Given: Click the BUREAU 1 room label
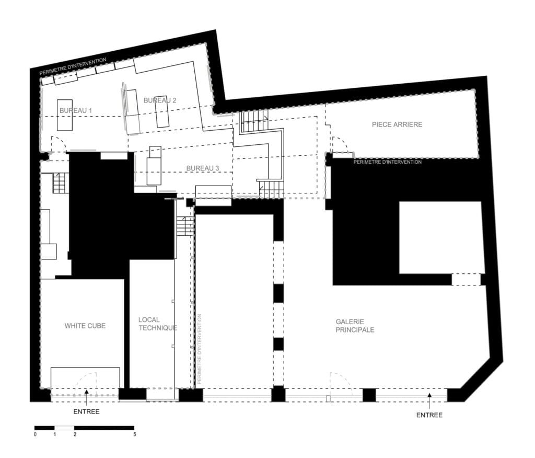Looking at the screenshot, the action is [75, 111].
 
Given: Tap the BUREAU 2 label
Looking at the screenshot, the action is [160, 100].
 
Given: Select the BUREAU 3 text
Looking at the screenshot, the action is [203, 168].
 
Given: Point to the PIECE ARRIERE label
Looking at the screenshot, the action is [397, 124].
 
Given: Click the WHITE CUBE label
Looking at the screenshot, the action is [85, 326].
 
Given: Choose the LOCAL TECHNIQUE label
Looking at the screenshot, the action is [158, 324].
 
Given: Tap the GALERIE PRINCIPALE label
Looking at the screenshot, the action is [355, 326].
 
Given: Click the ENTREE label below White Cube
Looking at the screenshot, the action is [86, 411].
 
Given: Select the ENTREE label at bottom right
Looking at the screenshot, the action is [429, 415].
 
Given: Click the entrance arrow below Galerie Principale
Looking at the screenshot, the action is [429, 400].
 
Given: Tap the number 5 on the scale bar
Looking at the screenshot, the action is [134, 434].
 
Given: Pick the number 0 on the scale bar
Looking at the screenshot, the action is [35, 434].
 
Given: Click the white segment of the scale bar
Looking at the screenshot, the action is [64, 428].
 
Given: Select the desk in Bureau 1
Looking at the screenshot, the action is [64, 115].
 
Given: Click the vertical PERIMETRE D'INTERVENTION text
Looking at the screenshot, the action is [200, 349].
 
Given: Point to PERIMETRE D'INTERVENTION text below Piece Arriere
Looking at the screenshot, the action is [387, 162].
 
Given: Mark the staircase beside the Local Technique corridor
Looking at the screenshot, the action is [185, 225].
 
